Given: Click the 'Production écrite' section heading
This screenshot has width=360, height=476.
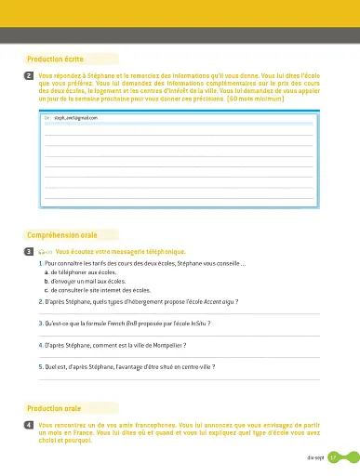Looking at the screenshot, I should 56,58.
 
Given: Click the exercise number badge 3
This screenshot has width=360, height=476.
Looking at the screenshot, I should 31,252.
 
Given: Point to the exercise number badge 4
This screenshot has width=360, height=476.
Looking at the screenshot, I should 31,424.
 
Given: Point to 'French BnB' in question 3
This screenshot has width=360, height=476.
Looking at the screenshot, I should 121,324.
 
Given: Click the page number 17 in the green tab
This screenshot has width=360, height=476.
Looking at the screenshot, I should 332,457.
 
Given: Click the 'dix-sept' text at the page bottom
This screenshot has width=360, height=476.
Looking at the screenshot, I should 313,457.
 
